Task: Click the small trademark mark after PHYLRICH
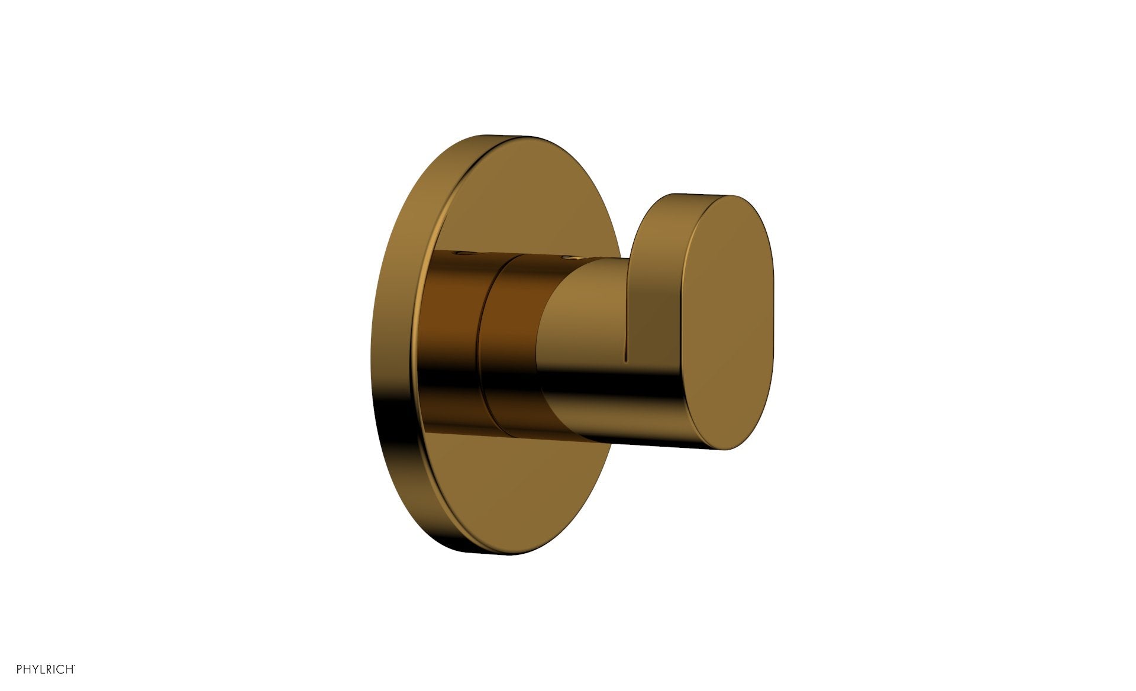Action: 74,666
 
